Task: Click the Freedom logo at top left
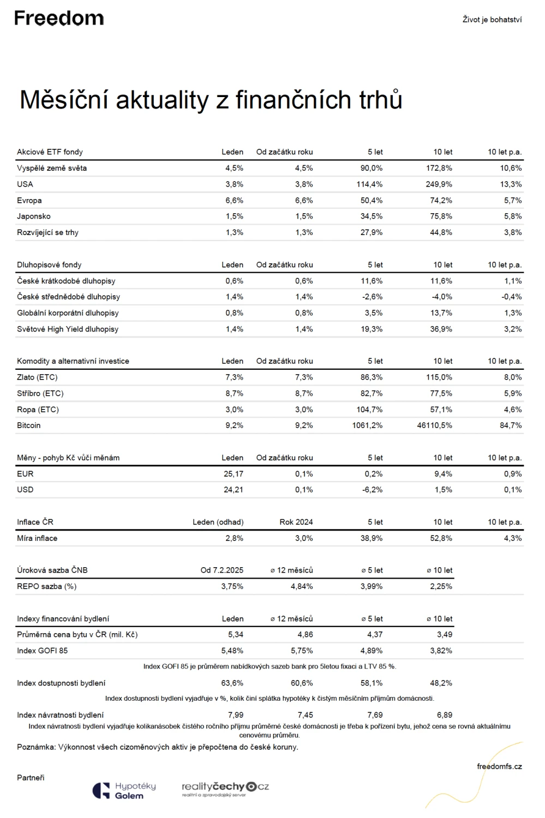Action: click(59, 18)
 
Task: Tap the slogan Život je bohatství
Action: click(492, 20)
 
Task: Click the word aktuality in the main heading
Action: click(162, 100)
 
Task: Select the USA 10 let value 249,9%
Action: click(439, 184)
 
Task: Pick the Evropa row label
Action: click(29, 201)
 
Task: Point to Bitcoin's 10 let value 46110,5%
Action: click(434, 425)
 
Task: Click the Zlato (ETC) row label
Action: click(37, 377)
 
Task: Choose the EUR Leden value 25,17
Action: click(233, 474)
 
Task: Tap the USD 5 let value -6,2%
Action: click(372, 490)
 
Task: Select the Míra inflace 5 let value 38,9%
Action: click(372, 538)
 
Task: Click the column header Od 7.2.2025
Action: click(221, 570)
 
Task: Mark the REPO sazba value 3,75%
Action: click(232, 586)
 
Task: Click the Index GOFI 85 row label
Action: click(43, 651)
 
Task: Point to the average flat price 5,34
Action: click(236, 635)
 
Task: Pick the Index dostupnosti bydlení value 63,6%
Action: click(232, 683)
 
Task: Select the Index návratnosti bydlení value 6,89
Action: click(445, 715)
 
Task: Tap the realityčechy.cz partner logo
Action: click(225, 789)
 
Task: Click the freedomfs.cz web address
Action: click(499, 767)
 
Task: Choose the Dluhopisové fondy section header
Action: click(49, 264)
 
